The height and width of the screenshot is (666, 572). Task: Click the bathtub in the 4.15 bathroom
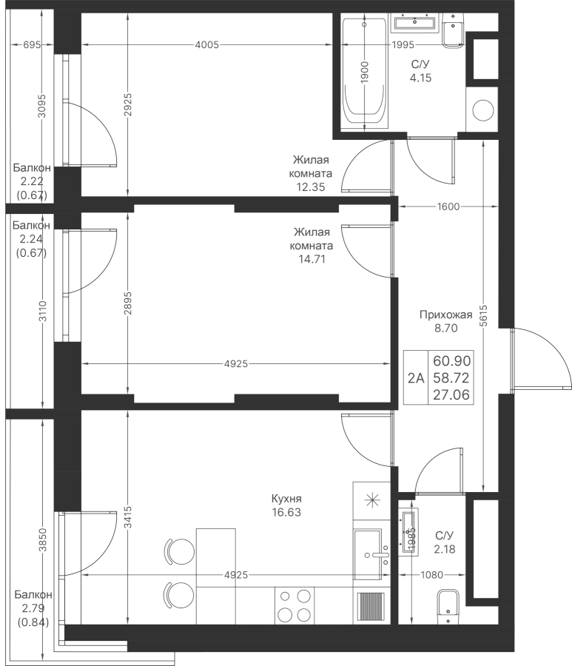pos(366,71)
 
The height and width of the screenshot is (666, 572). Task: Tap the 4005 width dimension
pos(206,44)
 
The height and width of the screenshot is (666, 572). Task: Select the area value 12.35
pos(311,187)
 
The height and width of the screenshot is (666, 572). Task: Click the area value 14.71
pos(312,259)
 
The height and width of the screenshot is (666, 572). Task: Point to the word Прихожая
pos(446,314)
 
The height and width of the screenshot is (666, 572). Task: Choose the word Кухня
pos(286,499)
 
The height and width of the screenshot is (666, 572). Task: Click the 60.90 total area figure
pos(452,361)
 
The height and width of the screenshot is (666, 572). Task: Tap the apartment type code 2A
pos(416,377)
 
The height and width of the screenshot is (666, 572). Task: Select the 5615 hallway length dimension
pos(484,316)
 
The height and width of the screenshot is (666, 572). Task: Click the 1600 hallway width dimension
pos(448,207)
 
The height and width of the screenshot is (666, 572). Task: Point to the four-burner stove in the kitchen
pos(295,605)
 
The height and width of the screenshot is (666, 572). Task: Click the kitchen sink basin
pos(368,554)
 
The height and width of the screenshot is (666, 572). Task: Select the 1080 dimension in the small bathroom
pos(432,575)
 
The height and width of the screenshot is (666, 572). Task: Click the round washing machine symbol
pos(482,110)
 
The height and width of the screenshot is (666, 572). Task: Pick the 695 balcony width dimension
pos(32,44)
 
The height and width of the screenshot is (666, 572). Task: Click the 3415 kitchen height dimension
pos(128,517)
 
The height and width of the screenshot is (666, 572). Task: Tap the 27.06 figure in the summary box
pos(452,395)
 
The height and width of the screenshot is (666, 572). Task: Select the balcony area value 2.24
pos(31,239)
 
